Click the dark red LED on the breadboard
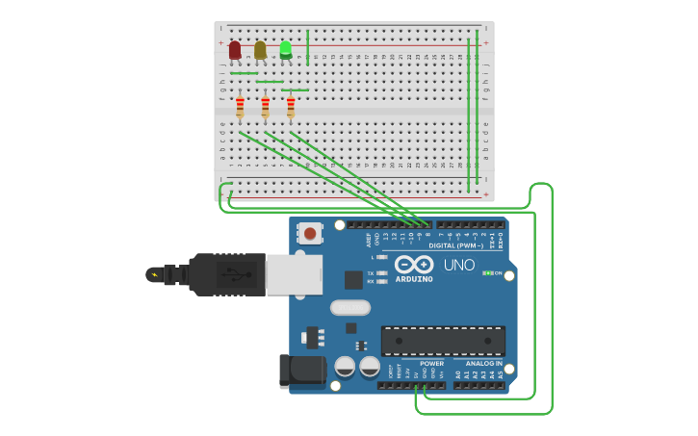[x=235, y=49]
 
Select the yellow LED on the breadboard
[x=260, y=49]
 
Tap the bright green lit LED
[x=286, y=49]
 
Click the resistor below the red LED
[x=240, y=107]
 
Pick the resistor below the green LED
[x=291, y=107]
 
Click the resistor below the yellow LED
[x=265, y=107]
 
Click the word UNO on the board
[x=459, y=265]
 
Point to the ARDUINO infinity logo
[x=414, y=264]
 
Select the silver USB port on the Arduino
[x=294, y=274]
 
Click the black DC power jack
[x=298, y=371]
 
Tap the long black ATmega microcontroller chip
[x=443, y=341]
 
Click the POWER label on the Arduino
[x=431, y=364]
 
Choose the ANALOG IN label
[x=483, y=364]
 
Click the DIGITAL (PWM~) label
[x=456, y=245]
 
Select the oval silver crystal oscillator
[x=349, y=308]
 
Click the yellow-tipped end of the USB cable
[x=153, y=275]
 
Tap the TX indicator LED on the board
[x=382, y=273]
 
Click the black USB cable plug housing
[x=226, y=274]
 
